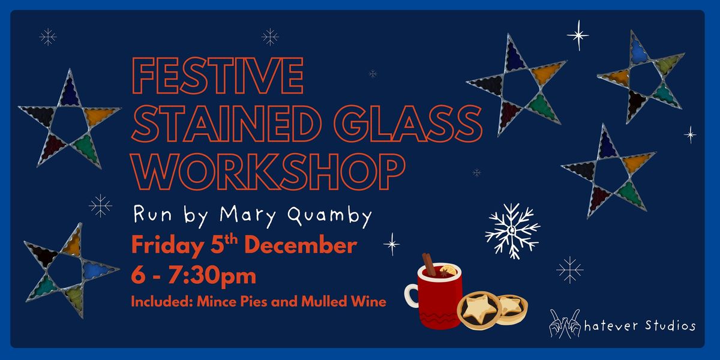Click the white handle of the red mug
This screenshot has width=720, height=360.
[411, 295]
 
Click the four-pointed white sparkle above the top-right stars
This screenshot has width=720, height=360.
[578, 35]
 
